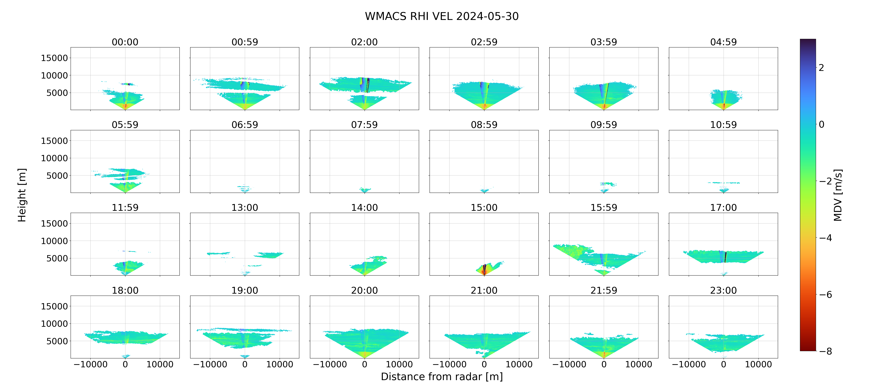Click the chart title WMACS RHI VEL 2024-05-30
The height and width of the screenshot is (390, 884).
(x=442, y=16)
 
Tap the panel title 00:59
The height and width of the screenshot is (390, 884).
(x=245, y=42)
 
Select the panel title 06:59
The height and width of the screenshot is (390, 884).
(x=245, y=125)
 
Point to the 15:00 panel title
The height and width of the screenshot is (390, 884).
(x=484, y=207)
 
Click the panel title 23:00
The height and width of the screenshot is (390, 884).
(x=723, y=291)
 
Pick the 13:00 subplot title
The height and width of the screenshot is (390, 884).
(x=245, y=207)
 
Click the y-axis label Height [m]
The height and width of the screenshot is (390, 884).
(x=22, y=195)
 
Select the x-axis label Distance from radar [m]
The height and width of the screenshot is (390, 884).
(x=442, y=377)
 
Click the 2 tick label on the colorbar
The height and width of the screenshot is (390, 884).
(x=821, y=68)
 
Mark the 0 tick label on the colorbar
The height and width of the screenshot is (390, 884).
(x=821, y=124)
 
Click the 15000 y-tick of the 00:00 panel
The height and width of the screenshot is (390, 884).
(x=54, y=58)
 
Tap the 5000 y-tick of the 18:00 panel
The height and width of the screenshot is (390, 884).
(x=57, y=341)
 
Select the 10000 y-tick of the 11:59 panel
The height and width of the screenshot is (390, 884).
(x=54, y=241)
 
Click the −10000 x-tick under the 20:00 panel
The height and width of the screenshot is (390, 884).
(x=330, y=364)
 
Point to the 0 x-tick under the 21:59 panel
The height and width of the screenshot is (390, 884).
(x=604, y=364)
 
